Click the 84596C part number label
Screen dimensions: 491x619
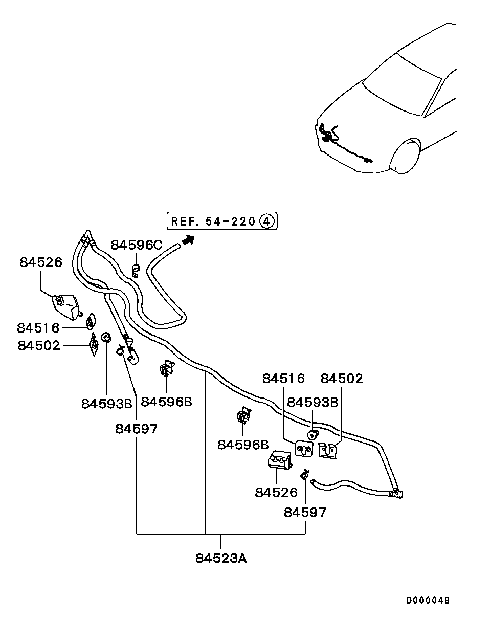click(x=137, y=245)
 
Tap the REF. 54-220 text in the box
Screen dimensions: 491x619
click(x=213, y=222)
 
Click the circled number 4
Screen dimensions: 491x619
click(x=266, y=222)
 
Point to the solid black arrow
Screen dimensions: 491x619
click(x=188, y=239)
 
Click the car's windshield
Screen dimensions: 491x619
click(x=402, y=84)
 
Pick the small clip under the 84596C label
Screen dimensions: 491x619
click(x=135, y=271)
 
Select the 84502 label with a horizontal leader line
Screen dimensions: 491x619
click(x=39, y=345)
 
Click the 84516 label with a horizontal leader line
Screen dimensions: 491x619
click(x=38, y=328)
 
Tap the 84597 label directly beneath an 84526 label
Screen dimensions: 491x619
click(x=305, y=512)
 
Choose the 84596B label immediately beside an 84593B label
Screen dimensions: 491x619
click(x=167, y=402)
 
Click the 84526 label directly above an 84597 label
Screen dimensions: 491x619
click(x=276, y=493)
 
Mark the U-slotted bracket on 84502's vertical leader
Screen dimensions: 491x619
click(x=328, y=451)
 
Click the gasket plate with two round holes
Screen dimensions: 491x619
click(x=304, y=449)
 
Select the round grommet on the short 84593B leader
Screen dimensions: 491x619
click(x=313, y=435)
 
